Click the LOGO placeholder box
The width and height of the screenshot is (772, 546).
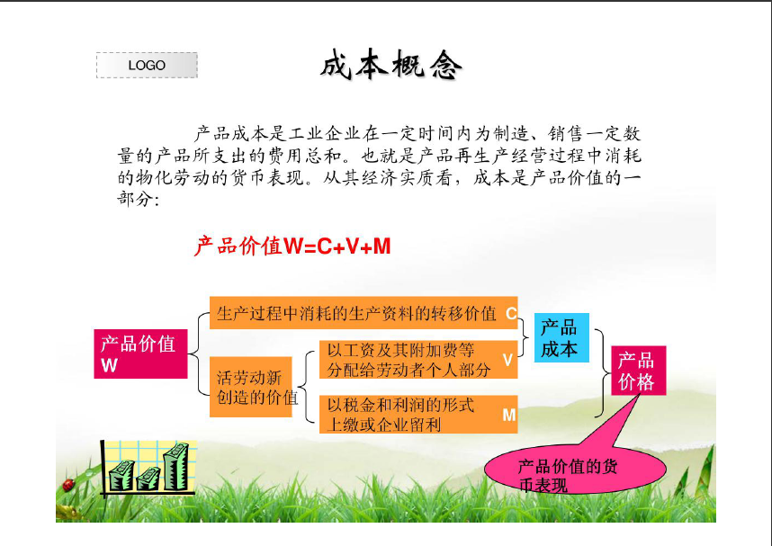pos(147,65)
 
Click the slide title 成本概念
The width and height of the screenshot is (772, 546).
pos(391,65)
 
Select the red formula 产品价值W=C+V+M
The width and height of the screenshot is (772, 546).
pos(292,246)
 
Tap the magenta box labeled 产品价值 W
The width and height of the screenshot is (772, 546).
pos(140,354)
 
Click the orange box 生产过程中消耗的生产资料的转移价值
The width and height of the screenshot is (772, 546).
pos(364,313)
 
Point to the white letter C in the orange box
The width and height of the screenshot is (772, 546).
pos(511,313)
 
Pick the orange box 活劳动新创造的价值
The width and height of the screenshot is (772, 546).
pos(251,387)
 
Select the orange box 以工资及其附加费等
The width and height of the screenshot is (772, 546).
pos(418,360)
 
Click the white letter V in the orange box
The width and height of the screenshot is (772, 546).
pos(507,360)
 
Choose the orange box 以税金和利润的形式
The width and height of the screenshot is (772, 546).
pos(418,414)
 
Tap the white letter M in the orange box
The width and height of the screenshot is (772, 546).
pos(508,415)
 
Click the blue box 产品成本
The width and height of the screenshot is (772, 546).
pos(561,337)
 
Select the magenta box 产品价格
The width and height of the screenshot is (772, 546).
pos(639,371)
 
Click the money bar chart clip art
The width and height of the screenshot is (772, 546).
pos(148,469)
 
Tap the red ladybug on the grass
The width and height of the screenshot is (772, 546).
pos(68,485)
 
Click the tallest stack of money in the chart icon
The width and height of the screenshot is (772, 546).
pos(175,466)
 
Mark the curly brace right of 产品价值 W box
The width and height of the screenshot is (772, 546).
pos(199,354)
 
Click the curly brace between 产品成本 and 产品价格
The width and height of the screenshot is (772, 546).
pos(602,372)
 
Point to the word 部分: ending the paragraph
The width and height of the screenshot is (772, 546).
pos(139,200)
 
